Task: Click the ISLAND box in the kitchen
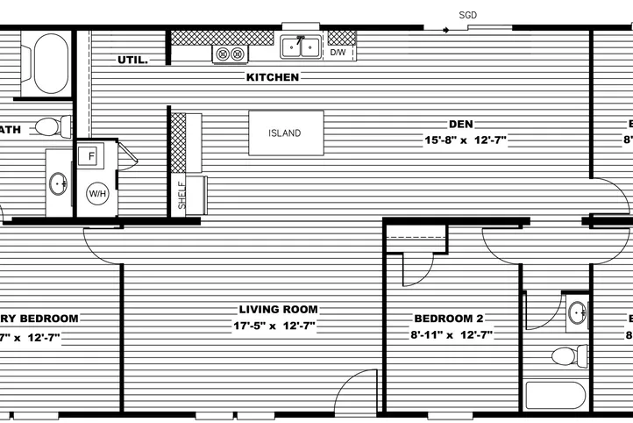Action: pos(286,133)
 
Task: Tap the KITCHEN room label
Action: pos(273,77)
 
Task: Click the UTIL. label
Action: pos(132,61)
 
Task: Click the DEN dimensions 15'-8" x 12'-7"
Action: pos(466,140)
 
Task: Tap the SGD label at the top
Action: pos(469,15)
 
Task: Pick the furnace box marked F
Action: pos(89,157)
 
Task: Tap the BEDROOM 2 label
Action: pos(448,319)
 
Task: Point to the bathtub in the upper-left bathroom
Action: pos(49,63)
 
